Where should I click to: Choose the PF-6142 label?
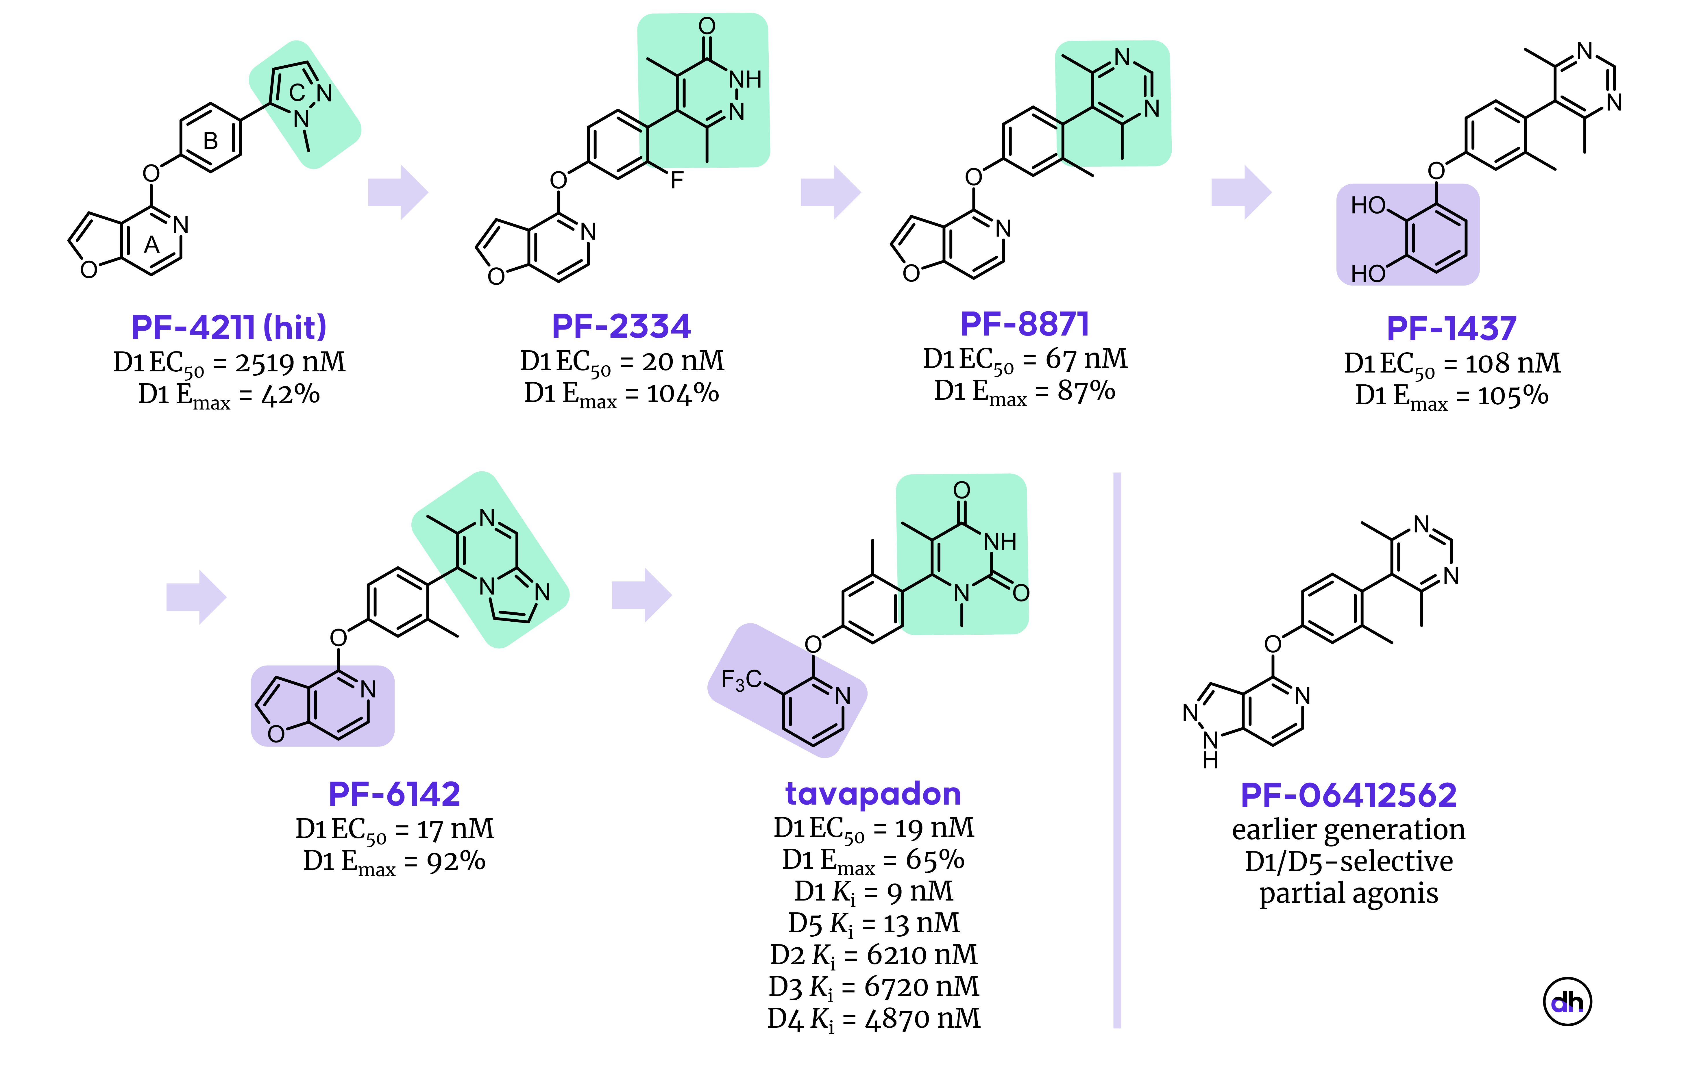[395, 794]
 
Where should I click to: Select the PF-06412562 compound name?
[1349, 795]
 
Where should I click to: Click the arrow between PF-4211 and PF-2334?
[398, 192]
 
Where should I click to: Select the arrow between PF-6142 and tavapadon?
[641, 596]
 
